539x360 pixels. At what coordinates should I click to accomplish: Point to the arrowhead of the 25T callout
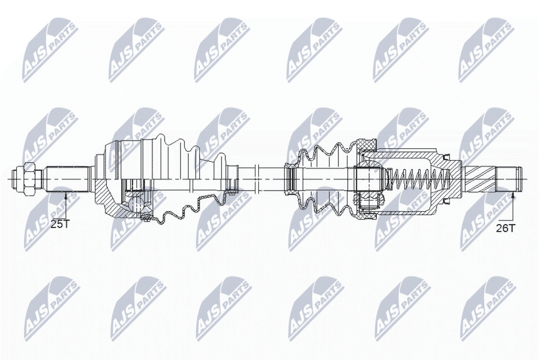click(x=65, y=195)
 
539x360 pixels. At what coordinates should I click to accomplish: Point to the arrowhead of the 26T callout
click(x=513, y=196)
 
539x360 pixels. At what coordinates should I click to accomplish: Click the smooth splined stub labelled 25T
click(x=68, y=179)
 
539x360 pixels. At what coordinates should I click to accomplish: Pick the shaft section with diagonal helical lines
click(x=480, y=179)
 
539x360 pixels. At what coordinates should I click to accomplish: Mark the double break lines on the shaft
click(x=257, y=179)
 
